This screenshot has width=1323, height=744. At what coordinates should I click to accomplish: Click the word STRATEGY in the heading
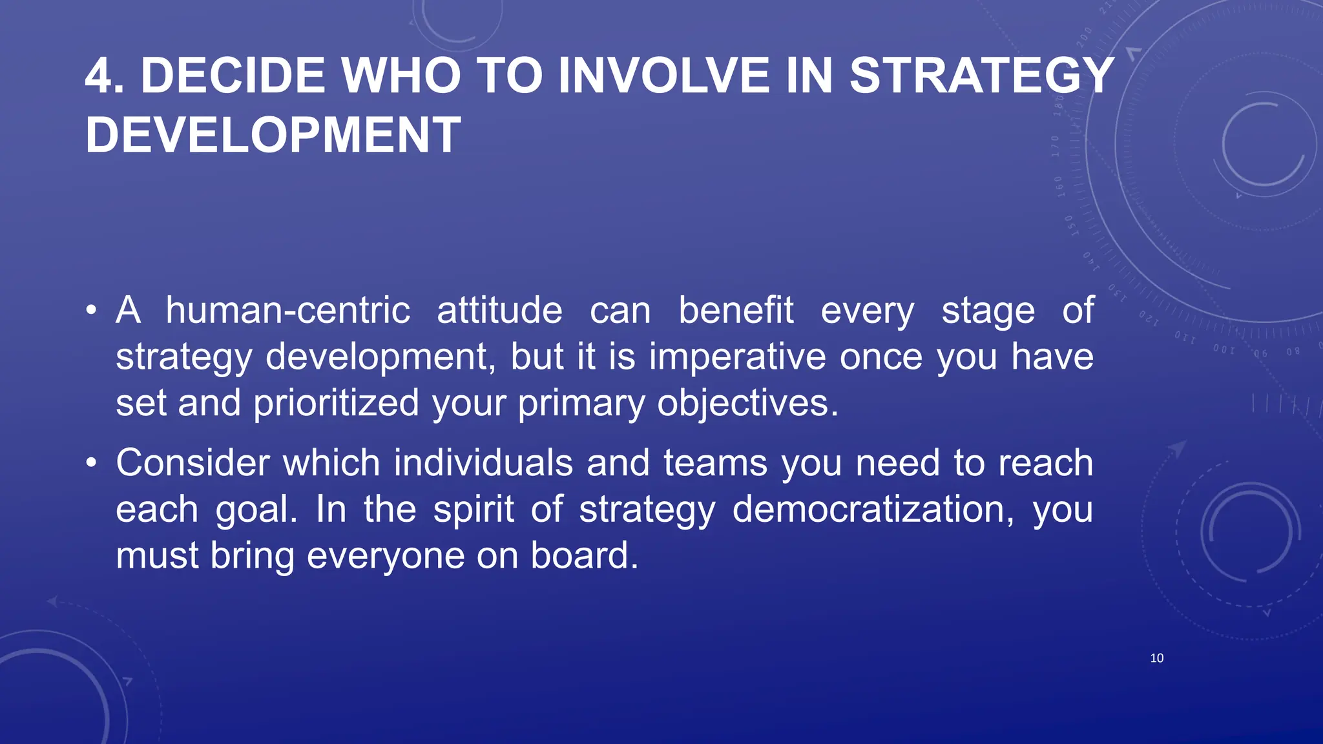coord(981,76)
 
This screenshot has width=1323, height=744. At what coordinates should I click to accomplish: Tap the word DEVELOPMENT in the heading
coord(273,136)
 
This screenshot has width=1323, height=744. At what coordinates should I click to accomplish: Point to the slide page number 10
coord(1156,658)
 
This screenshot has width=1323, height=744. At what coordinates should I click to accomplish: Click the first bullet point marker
coord(92,311)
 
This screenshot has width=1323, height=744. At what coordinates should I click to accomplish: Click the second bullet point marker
coord(92,463)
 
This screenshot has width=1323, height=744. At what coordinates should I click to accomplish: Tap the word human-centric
coord(288,311)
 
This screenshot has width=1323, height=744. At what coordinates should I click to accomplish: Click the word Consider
coord(193,463)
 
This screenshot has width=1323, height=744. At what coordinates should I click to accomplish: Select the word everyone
coord(385,556)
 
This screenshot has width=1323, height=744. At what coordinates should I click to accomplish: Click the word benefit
coord(736,311)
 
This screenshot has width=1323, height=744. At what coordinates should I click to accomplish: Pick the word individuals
coord(483,463)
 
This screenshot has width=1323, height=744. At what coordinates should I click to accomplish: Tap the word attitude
coord(499,311)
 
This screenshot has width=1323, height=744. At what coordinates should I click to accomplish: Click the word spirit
coord(474,510)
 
